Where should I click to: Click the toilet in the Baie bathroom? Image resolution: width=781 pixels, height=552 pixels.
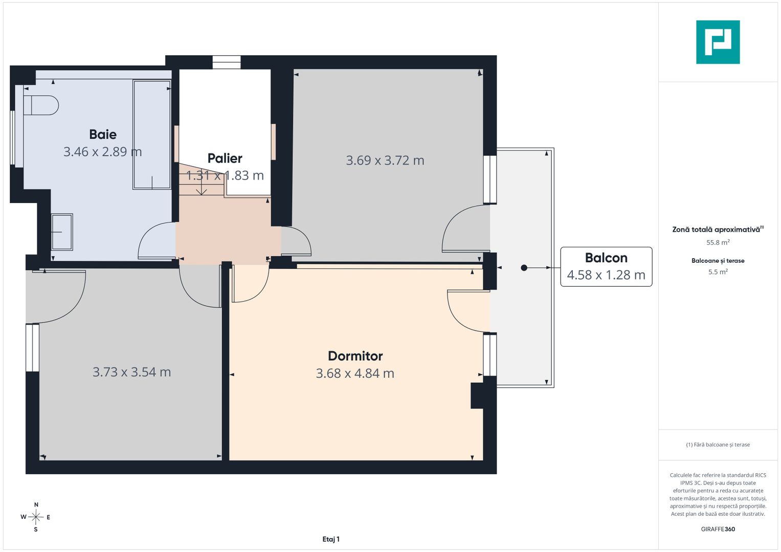41,105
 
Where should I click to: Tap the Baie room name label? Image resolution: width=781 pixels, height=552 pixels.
103,134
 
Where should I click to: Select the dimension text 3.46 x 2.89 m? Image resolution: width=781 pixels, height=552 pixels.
102,152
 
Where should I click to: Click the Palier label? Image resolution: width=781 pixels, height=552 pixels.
225,158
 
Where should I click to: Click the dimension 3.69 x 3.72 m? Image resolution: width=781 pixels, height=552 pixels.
385,160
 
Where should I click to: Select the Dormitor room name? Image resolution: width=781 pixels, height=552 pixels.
355,356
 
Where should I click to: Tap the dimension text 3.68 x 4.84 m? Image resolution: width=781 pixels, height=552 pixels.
355,373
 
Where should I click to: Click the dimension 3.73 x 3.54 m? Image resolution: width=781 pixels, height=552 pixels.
132,372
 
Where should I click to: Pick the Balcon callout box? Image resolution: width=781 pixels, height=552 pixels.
606,267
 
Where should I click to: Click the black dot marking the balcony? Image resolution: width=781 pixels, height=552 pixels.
524,268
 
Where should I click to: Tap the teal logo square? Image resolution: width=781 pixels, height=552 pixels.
718,42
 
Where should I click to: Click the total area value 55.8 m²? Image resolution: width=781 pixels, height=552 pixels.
718,242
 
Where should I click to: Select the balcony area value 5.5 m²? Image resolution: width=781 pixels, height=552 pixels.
718,272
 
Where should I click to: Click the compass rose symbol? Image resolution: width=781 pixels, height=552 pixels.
36,517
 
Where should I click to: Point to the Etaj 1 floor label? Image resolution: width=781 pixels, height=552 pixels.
331,539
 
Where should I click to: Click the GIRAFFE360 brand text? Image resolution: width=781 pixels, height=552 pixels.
718,529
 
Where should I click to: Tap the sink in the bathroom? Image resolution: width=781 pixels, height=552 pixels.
62,232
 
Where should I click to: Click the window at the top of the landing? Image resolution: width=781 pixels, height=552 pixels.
227,62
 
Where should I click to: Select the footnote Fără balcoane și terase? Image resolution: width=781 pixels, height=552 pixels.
718,445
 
